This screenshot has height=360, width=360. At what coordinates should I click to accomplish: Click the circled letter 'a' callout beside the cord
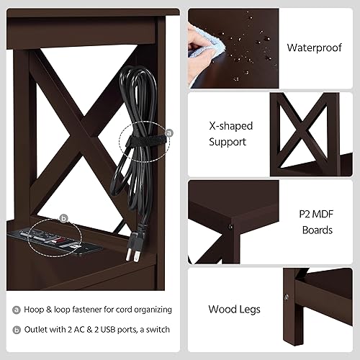pos(169,132)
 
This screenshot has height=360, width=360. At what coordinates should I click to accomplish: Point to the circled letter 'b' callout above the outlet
pos(63,217)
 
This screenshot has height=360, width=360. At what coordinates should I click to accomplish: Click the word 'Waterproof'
pos(314,48)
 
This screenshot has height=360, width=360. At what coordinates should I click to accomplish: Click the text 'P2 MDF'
pos(315,214)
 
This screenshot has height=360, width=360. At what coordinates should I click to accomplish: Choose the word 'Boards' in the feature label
pos(318,230)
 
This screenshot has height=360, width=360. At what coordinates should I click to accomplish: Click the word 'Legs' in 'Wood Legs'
pos(249,310)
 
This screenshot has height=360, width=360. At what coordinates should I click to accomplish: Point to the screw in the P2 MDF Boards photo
pos(229,226)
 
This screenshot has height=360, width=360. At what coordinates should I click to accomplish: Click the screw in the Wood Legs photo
pos(287,296)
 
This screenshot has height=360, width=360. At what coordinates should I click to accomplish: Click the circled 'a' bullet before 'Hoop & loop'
pos(16,310)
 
